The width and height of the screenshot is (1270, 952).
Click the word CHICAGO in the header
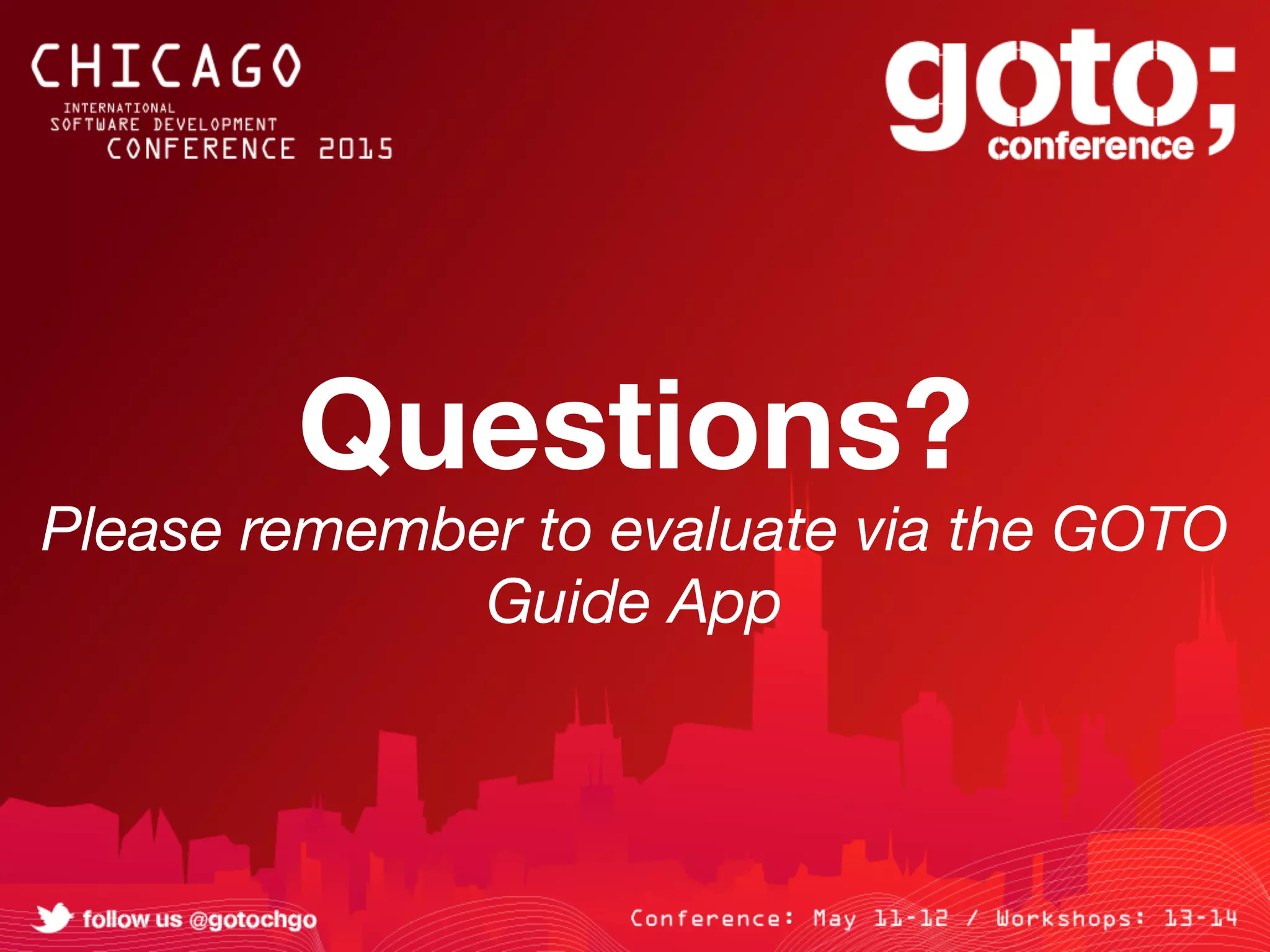pos(166,66)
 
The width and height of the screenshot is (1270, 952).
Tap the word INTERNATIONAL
pos(119,108)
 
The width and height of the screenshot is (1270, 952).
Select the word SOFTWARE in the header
pos(95,125)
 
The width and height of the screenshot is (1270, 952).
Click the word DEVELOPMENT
pos(215,125)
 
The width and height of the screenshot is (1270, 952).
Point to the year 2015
pos(356,149)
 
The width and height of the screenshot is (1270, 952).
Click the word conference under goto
pos(1090,147)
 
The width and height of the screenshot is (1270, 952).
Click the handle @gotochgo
pos(253,920)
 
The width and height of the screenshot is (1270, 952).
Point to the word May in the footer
pos(834,919)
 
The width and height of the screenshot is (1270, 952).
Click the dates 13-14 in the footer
pos(1200,919)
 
